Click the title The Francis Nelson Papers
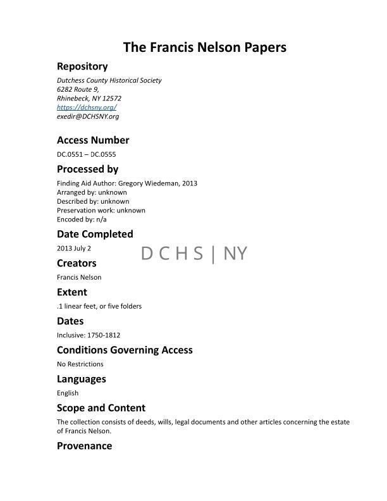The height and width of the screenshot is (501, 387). pyautogui.click(x=195, y=47)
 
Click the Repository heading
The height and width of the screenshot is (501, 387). pyautogui.click(x=82, y=66)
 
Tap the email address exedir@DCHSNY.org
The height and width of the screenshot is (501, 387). pyautogui.click(x=88, y=116)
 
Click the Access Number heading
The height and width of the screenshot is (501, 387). pyautogui.click(x=93, y=140)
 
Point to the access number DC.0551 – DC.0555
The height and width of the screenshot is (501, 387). pyautogui.click(x=87, y=154)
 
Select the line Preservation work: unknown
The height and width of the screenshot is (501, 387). pyautogui.click(x=101, y=210)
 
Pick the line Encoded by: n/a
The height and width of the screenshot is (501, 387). pyautogui.click(x=82, y=219)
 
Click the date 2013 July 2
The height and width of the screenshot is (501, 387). pyautogui.click(x=74, y=248)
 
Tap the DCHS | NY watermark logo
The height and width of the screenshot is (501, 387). pyautogui.click(x=194, y=254)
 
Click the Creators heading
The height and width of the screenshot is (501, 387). pyautogui.click(x=77, y=263)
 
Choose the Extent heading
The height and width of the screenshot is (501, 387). pyautogui.click(x=72, y=292)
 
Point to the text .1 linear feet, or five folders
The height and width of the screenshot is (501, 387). pyautogui.click(x=99, y=306)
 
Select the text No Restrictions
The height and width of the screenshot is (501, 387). pyautogui.click(x=80, y=364)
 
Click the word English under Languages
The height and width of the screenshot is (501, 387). pyautogui.click(x=68, y=393)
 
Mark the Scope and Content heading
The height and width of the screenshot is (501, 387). pyautogui.click(x=101, y=408)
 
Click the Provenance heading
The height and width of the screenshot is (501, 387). pyautogui.click(x=84, y=446)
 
